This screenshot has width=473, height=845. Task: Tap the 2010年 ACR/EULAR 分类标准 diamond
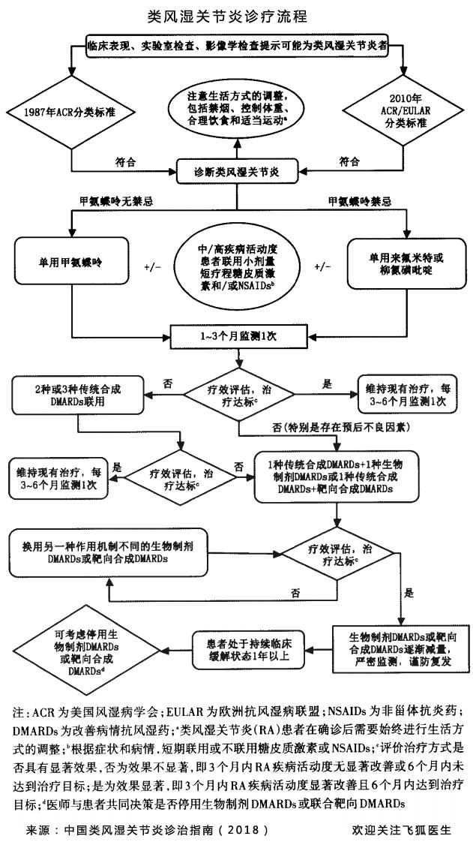point(406,113)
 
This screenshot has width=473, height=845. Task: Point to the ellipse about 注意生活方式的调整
point(238,110)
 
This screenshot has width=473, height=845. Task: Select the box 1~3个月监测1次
point(237,335)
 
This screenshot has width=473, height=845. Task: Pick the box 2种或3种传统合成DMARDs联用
point(78,394)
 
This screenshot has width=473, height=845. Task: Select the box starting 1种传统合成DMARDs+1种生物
point(335,476)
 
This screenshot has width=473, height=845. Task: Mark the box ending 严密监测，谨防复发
point(394,646)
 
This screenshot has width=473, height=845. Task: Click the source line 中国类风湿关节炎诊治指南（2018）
point(147,831)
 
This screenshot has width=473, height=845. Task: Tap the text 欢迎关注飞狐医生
point(400,831)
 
